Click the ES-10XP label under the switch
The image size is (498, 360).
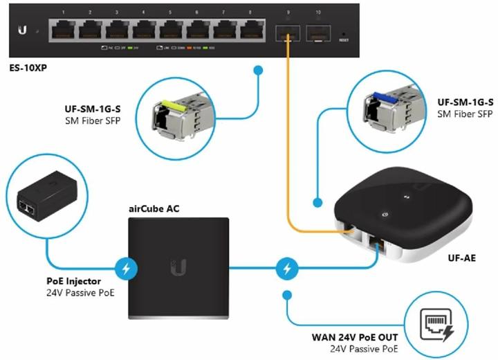pos(24,69)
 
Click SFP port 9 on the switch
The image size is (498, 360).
pos(284,32)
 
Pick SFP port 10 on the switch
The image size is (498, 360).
pos(317,32)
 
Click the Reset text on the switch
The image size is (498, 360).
pos(343,40)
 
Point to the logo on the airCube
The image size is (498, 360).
pos(181,267)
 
